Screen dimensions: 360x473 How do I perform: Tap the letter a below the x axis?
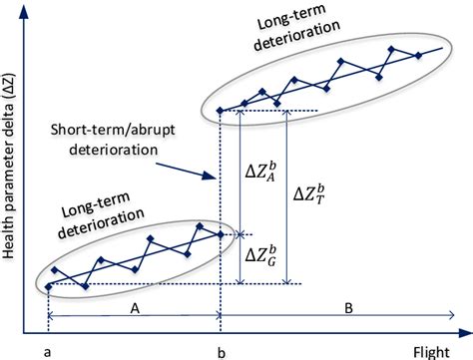[47, 351]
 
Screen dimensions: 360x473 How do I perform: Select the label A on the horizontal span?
[133, 309]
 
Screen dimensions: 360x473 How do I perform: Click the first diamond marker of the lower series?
[48, 286]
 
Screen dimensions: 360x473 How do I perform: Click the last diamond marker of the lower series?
[220, 235]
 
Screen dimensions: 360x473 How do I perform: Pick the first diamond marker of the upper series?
[220, 110]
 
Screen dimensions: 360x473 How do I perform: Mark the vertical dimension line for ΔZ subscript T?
[287, 196]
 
